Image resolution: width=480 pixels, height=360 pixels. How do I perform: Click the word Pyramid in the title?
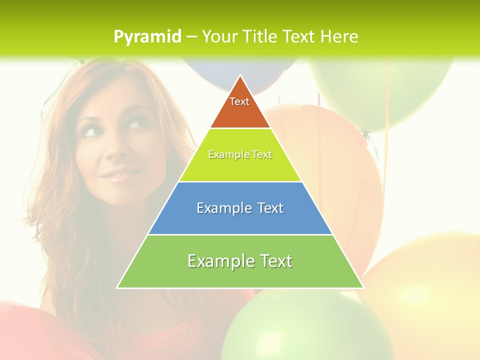[x=147, y=37]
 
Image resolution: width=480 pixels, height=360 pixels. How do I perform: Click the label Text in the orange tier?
[x=239, y=101]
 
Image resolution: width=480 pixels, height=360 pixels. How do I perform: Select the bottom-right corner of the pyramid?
[x=363, y=287]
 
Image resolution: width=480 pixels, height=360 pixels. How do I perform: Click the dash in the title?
[x=191, y=37]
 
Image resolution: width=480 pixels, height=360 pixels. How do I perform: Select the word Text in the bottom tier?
[x=272, y=261]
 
